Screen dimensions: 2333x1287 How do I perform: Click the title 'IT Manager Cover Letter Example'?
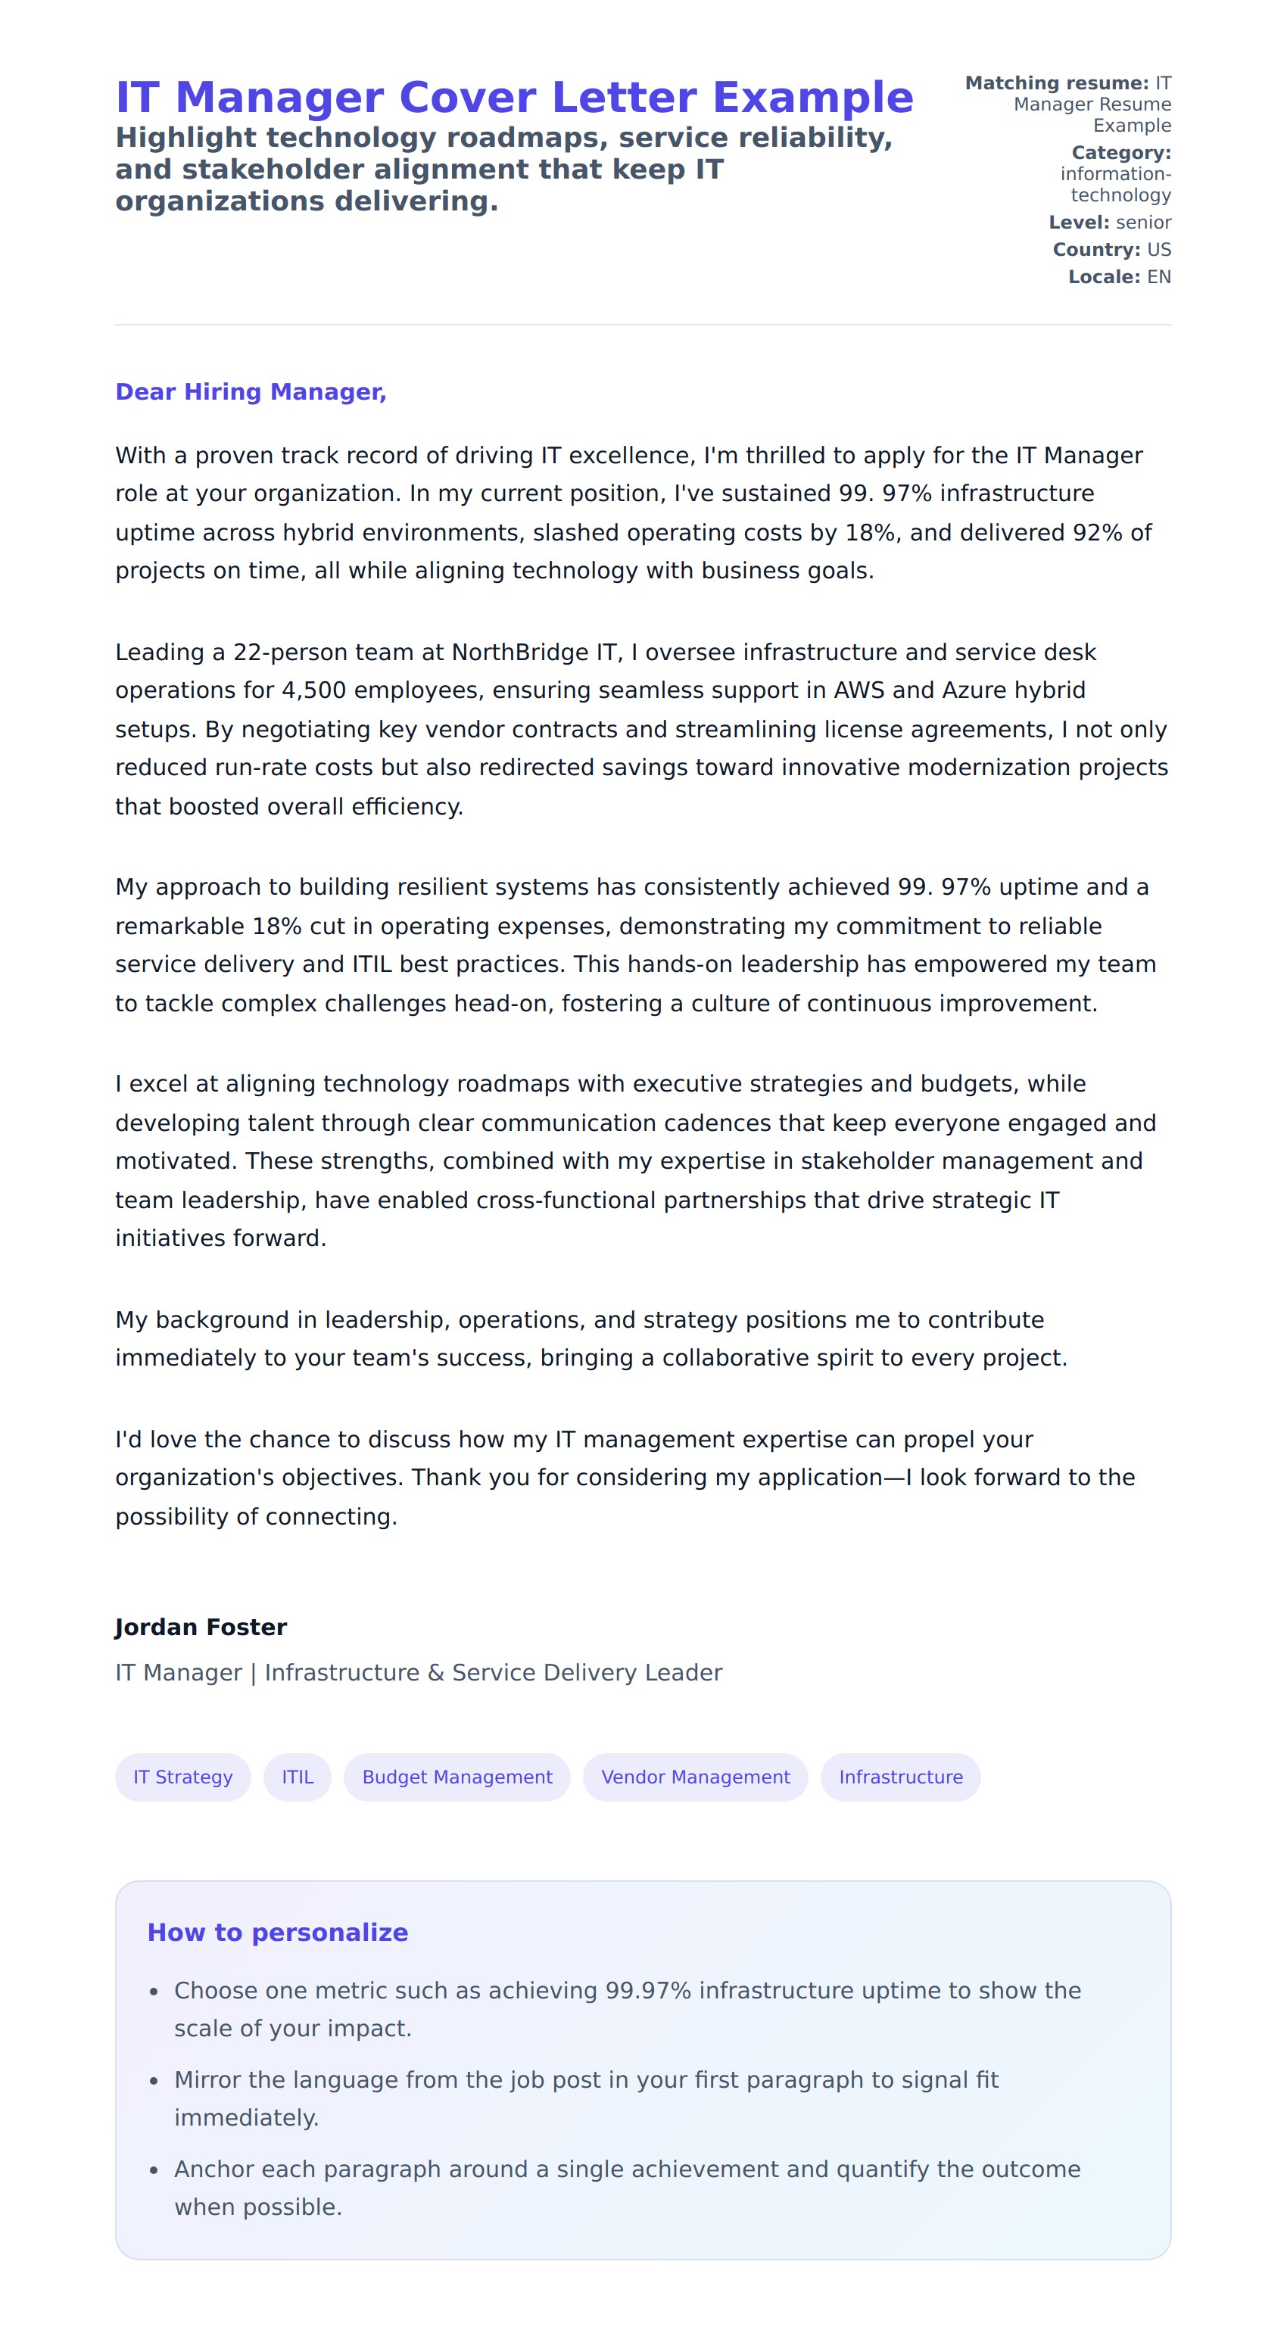[x=513, y=98]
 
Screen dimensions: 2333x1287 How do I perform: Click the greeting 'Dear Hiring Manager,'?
[x=250, y=392]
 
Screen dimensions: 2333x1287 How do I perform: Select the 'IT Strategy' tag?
[x=183, y=1777]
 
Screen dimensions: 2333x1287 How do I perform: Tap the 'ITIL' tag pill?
[x=297, y=1777]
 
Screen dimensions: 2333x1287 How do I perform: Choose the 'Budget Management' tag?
[x=457, y=1777]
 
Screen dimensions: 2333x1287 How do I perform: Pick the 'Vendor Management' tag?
[x=695, y=1777]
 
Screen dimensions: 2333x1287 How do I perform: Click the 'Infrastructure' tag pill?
[x=900, y=1777]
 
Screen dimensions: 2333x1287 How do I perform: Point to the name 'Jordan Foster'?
[x=201, y=1627]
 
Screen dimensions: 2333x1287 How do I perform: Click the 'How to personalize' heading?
[x=277, y=1933]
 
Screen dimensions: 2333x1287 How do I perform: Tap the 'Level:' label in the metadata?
[x=1079, y=223]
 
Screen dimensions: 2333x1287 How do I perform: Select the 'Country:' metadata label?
[x=1096, y=250]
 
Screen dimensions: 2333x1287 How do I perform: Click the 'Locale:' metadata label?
[x=1104, y=277]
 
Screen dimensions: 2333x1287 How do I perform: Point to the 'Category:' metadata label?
[x=1121, y=153]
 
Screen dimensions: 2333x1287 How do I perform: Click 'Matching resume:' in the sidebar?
[x=1056, y=83]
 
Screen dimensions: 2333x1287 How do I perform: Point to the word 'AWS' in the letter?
[x=859, y=691]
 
